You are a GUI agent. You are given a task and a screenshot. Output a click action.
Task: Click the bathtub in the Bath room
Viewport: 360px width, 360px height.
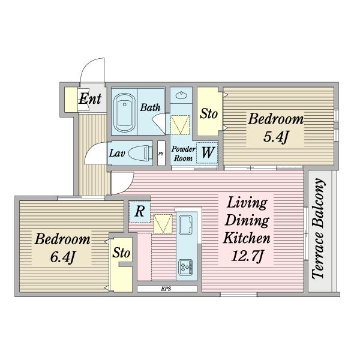click(x=124, y=113)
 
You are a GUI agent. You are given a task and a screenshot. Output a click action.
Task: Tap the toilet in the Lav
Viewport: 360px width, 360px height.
click(x=141, y=153)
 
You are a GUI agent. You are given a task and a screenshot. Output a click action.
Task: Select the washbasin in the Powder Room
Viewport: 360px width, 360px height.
click(x=181, y=95)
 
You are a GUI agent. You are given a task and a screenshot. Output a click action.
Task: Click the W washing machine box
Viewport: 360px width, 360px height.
click(x=207, y=152)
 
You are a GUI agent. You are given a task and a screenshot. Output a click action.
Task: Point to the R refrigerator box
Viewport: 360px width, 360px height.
click(x=140, y=211)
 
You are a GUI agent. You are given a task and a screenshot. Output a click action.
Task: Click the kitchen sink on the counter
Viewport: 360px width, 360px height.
click(x=185, y=225)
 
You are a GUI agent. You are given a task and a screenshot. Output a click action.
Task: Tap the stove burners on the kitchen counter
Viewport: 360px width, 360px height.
click(x=185, y=267)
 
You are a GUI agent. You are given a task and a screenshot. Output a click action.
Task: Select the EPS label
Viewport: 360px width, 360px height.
click(x=166, y=289)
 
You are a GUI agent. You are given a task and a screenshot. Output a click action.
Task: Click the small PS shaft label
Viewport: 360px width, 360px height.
click(x=161, y=154)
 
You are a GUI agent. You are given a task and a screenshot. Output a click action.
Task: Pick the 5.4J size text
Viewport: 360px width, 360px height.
click(x=275, y=137)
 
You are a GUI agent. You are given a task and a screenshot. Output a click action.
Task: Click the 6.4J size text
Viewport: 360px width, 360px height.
click(x=62, y=257)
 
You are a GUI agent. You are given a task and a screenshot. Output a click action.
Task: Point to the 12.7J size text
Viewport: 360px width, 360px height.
click(x=247, y=256)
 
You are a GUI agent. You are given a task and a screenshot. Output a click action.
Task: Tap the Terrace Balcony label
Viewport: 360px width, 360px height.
click(x=319, y=229)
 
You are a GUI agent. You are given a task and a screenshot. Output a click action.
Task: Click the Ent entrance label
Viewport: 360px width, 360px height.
click(x=90, y=98)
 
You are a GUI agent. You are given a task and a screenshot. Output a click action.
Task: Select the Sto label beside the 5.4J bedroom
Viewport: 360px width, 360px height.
click(x=208, y=113)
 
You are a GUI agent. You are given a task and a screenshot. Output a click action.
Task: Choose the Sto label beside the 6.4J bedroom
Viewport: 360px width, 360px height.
click(x=121, y=253)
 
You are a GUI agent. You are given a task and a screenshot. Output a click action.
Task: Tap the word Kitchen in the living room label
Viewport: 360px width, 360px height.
click(x=247, y=238)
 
